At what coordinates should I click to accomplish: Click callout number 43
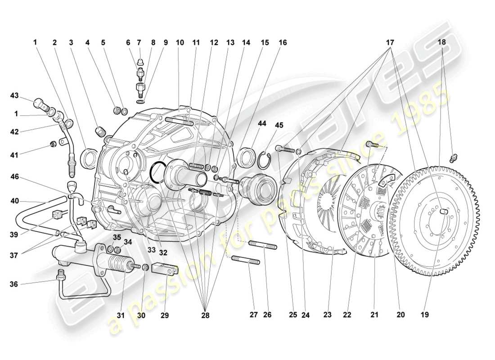click(x=15, y=95)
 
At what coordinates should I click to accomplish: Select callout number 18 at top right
click(x=442, y=42)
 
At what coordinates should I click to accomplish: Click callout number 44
click(x=261, y=123)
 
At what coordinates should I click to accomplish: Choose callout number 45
click(x=280, y=126)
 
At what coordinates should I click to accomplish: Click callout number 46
click(x=15, y=178)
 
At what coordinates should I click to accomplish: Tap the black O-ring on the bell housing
click(x=157, y=172)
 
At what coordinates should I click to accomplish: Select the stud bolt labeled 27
click(x=246, y=261)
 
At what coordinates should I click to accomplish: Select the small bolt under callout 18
click(x=454, y=158)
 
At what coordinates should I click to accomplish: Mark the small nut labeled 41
click(x=52, y=144)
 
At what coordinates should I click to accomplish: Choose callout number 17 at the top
click(x=390, y=42)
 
